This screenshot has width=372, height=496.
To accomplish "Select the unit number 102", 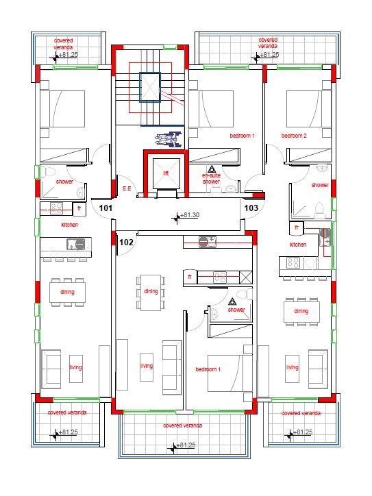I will (126, 242).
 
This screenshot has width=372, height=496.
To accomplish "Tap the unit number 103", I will (251, 208).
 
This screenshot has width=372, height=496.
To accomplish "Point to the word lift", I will (166, 173).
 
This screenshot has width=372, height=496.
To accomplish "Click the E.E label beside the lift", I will (127, 188).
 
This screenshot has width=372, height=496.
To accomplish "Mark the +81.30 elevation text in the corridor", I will (190, 215).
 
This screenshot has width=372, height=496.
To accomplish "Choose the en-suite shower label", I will (211, 179).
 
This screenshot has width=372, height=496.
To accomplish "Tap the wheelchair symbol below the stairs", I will (168, 139).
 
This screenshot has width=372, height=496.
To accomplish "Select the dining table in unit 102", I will (151, 290).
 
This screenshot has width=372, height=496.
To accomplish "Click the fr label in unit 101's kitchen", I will (79, 208).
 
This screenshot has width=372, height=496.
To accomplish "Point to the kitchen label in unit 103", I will (297, 245).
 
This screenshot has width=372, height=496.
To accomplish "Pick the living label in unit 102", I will (146, 366).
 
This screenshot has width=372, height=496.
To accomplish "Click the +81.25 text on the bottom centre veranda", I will (186, 445).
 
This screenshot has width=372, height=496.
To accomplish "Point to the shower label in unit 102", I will (236, 310).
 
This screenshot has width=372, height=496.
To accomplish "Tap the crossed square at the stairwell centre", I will (149, 88).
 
